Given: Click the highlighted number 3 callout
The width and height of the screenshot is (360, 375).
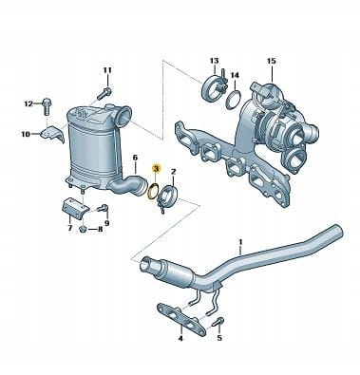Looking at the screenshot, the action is (x=157, y=169).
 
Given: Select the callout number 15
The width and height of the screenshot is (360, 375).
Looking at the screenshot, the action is (x=272, y=61).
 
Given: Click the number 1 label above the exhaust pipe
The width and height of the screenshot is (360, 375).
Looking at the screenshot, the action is (x=240, y=242).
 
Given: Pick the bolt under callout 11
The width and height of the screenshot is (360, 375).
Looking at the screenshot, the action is (x=104, y=93).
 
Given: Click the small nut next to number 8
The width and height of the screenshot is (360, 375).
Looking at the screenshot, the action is (x=83, y=229).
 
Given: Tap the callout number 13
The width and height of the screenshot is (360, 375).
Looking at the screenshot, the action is (x=215, y=61).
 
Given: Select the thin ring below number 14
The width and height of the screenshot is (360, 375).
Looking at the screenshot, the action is (x=235, y=99).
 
